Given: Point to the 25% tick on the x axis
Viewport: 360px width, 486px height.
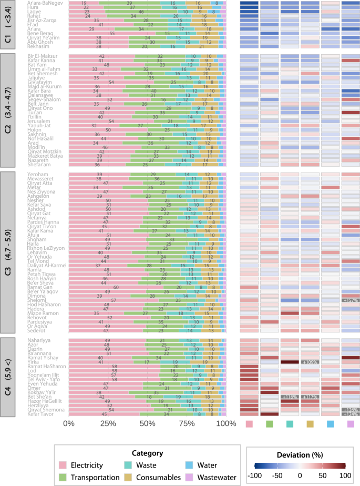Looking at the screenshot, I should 108,423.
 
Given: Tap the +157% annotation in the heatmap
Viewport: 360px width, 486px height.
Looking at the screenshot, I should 350,300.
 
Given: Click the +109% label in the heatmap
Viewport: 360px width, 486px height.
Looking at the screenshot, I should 310,362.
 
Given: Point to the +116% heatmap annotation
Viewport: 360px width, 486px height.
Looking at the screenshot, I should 290,396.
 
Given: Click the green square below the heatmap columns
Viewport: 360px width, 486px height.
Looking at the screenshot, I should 269,423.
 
